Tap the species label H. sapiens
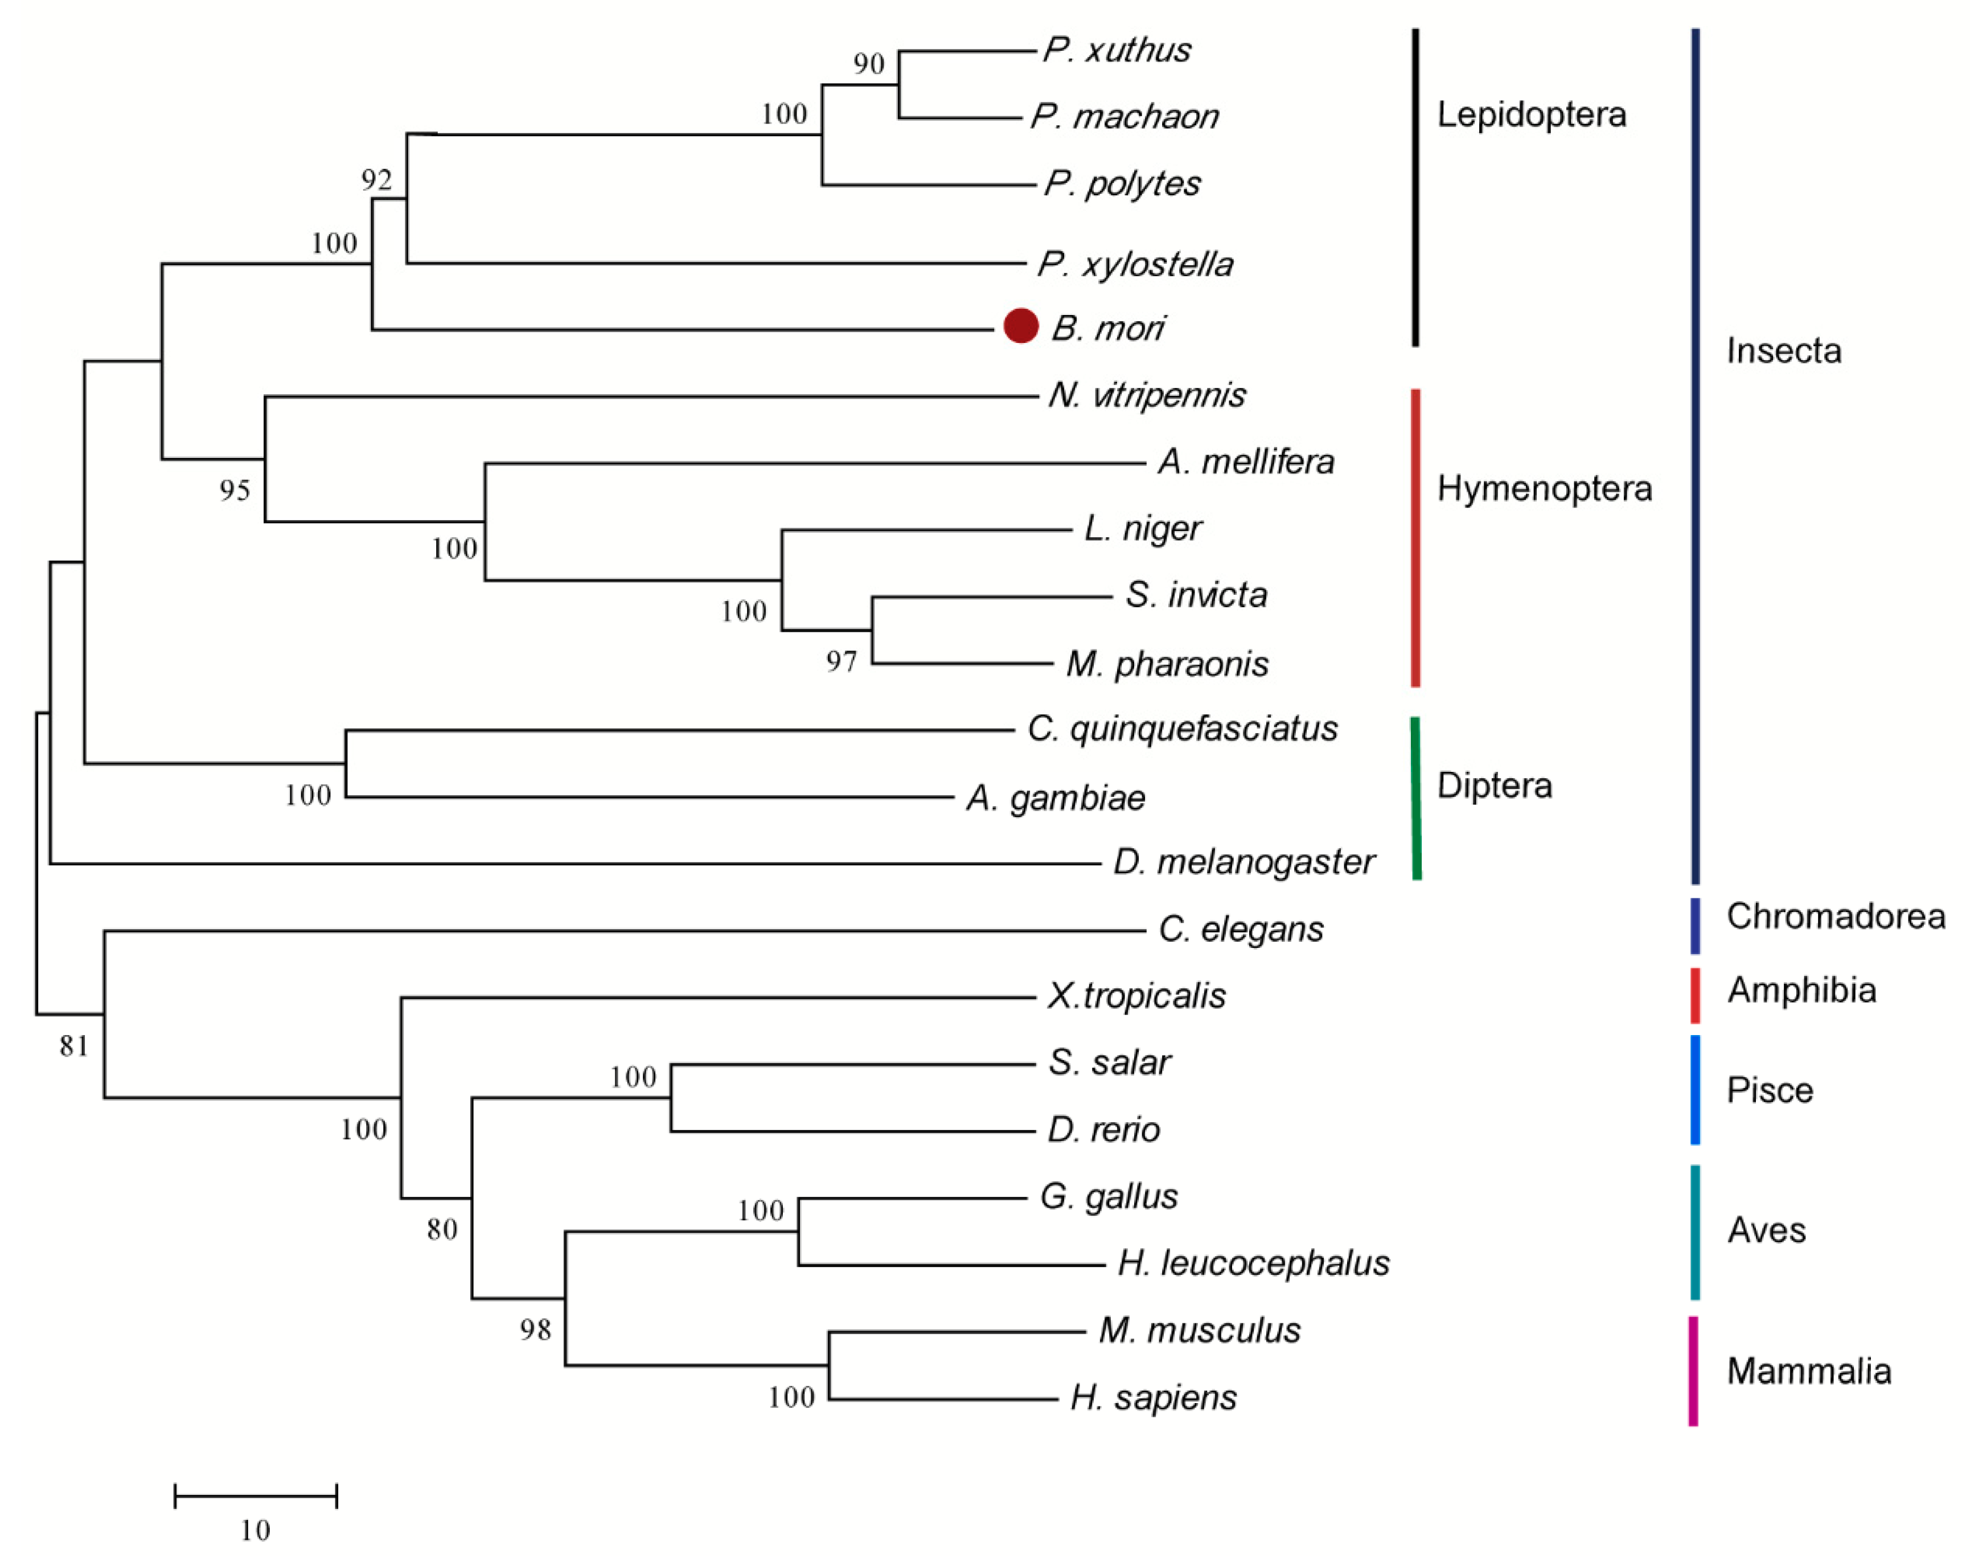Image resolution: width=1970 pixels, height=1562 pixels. pos(1153,1397)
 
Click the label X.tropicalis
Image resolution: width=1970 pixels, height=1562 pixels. pos(1136,995)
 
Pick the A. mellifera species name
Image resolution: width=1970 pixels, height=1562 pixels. pos(1245,461)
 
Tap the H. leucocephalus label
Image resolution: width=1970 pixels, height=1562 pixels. pos(1253,1263)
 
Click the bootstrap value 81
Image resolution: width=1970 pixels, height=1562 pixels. pos(74,1045)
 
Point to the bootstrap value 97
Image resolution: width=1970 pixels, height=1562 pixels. pos(842,661)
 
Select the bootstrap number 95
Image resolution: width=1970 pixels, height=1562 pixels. pos(235,491)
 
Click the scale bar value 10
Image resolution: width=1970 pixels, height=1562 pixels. pos(256,1530)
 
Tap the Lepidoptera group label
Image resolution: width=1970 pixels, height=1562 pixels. pos(1532,115)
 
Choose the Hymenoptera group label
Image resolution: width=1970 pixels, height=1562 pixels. pos(1544,489)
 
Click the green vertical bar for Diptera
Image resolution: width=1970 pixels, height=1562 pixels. pos(1416,798)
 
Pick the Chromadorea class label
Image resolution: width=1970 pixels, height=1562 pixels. pos(1834,916)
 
